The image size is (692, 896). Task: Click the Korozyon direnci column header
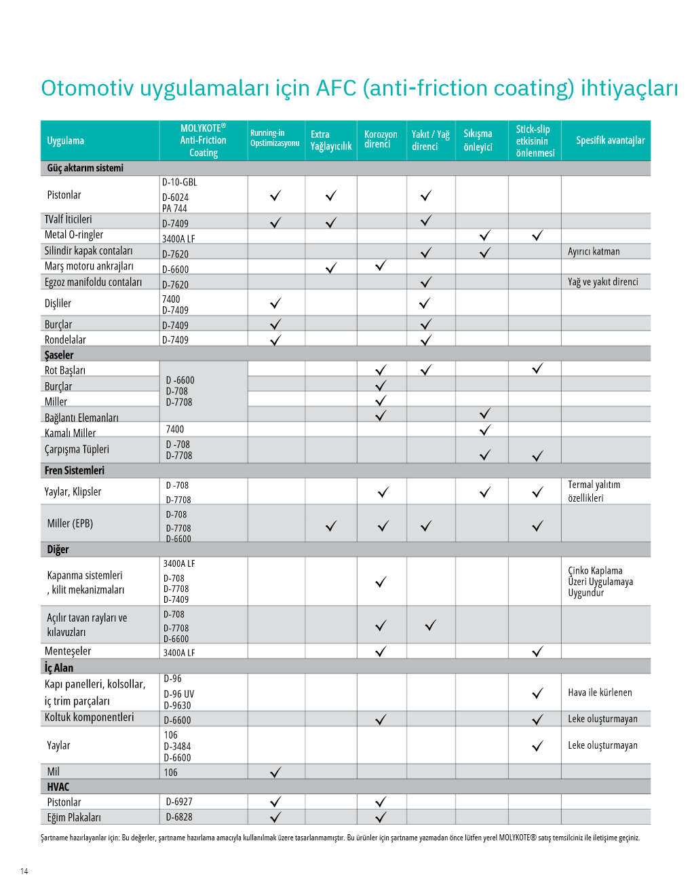click(x=381, y=139)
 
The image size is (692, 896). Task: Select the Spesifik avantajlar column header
click(x=610, y=141)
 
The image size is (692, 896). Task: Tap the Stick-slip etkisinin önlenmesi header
click(x=535, y=141)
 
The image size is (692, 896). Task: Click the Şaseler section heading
click(x=59, y=355)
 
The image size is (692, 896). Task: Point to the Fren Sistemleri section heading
click(x=75, y=470)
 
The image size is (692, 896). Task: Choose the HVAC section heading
click(x=58, y=787)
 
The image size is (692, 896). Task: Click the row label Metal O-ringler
click(x=74, y=235)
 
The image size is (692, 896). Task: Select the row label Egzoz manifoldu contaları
click(x=94, y=282)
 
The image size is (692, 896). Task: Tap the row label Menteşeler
click(x=68, y=651)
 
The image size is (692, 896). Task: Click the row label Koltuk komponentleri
click(x=90, y=717)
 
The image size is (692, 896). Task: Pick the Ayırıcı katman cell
click(x=594, y=251)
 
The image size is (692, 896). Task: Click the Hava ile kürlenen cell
click(x=600, y=692)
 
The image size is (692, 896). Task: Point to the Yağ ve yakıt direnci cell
click(x=602, y=282)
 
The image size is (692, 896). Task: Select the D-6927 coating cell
click(x=179, y=802)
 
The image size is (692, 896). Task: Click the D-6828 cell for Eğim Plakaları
click(x=179, y=817)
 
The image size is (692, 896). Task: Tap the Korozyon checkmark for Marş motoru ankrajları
click(x=381, y=265)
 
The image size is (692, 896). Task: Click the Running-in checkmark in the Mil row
click(x=275, y=772)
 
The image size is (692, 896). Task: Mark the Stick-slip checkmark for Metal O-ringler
click(x=537, y=236)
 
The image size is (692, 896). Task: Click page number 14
click(x=24, y=871)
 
